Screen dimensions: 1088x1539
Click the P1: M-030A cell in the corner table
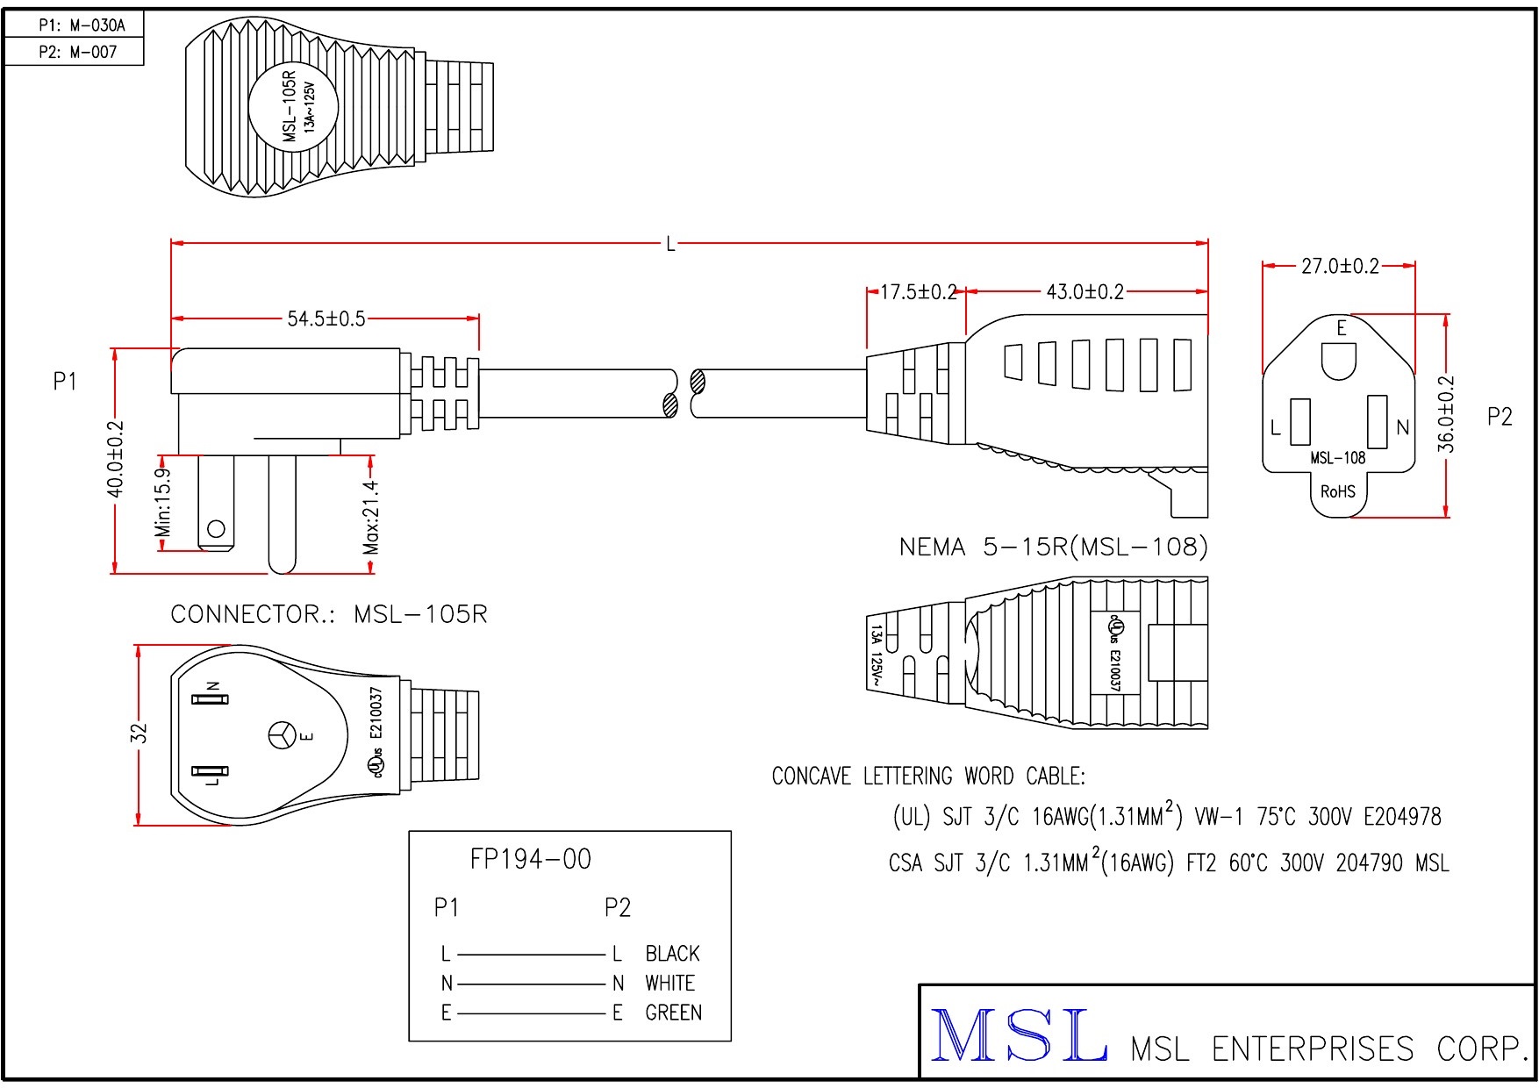tap(74, 25)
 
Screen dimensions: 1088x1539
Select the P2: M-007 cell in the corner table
tap(74, 52)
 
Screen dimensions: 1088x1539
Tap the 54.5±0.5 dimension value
tap(326, 319)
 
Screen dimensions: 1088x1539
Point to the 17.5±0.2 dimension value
tap(917, 292)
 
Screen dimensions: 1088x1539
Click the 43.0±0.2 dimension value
tap(1084, 292)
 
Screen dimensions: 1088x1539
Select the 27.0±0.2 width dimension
tap(1339, 266)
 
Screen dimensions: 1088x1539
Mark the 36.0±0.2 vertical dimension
tap(1446, 414)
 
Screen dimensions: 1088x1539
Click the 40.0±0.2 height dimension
tap(115, 459)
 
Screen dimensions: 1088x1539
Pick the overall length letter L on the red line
tap(670, 244)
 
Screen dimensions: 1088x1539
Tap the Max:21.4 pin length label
tap(371, 518)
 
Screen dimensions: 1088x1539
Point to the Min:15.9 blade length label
tap(163, 503)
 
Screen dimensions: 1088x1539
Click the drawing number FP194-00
tap(530, 859)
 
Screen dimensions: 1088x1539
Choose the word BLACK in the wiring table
tap(672, 954)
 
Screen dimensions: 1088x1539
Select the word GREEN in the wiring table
tap(673, 1013)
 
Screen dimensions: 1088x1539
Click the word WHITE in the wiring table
tap(669, 983)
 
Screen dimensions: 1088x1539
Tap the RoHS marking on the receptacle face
tap(1337, 491)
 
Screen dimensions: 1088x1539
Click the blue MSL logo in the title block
tap(1018, 1035)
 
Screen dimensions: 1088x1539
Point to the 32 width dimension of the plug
tap(140, 733)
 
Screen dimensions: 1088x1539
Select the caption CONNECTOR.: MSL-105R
tap(328, 614)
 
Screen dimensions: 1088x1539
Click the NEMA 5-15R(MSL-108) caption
tap(1053, 548)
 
